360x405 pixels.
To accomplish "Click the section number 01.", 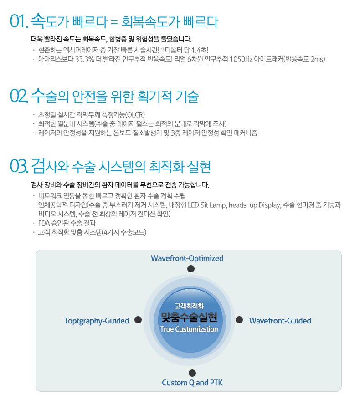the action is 19,21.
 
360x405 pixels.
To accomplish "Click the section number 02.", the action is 19,96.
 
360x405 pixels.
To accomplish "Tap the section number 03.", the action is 19,166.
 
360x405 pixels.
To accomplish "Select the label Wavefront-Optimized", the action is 187,258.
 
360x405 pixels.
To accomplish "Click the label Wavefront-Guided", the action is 280,321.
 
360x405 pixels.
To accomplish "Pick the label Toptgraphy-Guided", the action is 97,321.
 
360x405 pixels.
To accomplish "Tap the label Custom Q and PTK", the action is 192,383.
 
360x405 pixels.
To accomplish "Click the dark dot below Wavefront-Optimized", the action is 191,269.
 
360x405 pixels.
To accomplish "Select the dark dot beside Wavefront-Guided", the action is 239,320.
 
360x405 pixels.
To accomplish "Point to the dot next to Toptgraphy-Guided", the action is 138,320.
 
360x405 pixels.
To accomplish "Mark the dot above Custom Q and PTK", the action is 192,373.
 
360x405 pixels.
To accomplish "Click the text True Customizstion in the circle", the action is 189,329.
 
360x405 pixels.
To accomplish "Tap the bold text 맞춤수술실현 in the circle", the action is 189,317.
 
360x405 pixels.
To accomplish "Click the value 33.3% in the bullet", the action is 84,59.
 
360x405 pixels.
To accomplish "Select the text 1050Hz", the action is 241,59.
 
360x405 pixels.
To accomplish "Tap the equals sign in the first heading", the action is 114,22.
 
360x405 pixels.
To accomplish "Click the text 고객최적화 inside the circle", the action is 189,306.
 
